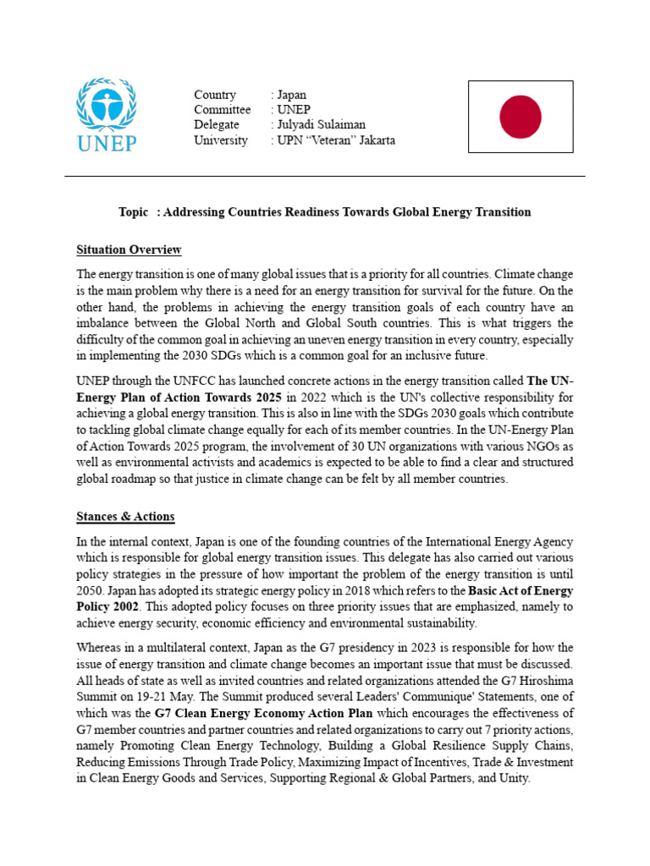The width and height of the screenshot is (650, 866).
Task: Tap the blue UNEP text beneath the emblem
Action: tap(107, 142)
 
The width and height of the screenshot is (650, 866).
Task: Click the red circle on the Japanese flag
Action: tap(521, 117)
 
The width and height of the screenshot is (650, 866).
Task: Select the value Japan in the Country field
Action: tap(292, 95)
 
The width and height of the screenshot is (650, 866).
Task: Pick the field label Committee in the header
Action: tap(222, 110)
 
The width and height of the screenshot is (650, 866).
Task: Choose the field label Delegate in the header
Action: tap(217, 125)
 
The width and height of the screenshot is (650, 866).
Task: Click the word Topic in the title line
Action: tap(134, 212)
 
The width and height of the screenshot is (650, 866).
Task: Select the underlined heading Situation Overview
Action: tap(129, 249)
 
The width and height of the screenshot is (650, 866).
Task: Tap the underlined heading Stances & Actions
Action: tap(125, 516)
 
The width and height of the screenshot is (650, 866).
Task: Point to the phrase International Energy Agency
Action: tap(500, 541)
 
